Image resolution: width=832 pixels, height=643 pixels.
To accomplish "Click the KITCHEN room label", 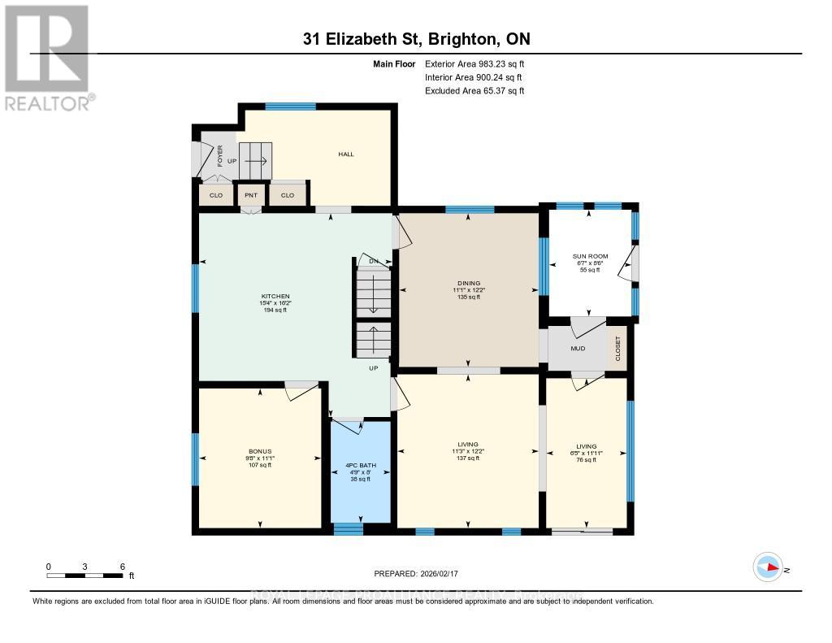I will point(275,296).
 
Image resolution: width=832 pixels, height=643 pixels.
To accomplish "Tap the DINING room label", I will point(467,283).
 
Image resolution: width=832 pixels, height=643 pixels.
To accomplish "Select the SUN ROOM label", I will point(590,256).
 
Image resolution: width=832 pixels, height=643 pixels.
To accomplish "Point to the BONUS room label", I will point(260,451).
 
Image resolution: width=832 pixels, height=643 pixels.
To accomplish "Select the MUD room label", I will point(578,348).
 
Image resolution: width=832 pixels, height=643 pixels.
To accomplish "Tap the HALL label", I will point(346,154).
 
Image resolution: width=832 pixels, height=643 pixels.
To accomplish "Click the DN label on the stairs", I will point(374,261).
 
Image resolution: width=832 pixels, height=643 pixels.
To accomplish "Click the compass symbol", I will point(768,567).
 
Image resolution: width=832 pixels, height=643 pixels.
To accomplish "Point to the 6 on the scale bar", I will point(121,567).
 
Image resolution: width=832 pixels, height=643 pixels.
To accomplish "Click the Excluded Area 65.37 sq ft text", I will point(474,91).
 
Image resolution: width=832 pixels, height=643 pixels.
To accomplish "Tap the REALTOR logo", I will point(47,57).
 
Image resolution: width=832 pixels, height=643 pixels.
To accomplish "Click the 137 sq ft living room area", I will point(467,459).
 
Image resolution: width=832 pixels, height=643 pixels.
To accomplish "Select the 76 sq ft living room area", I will point(586,460).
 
